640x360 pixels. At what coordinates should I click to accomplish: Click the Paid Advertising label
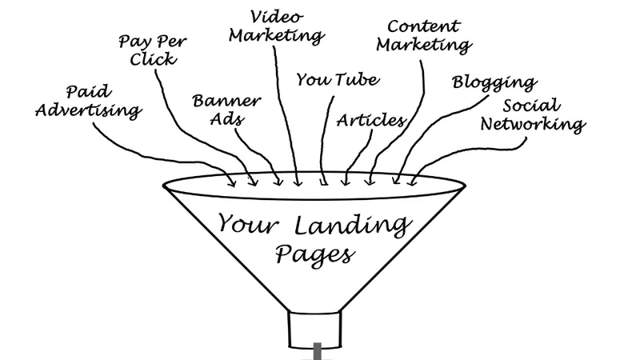(x=89, y=102)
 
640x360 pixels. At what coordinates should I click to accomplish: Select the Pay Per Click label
(x=153, y=50)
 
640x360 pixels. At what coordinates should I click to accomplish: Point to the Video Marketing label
(x=277, y=27)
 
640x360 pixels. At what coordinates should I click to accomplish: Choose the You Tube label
(x=338, y=79)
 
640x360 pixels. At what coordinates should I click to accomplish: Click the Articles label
(x=371, y=121)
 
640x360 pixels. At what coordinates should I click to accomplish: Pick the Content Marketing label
(x=424, y=37)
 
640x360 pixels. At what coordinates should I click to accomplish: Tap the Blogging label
(x=494, y=83)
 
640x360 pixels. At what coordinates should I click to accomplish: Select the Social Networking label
(x=533, y=116)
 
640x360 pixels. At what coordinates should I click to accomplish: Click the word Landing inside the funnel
(x=351, y=226)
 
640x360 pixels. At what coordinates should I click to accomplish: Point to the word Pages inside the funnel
(x=314, y=254)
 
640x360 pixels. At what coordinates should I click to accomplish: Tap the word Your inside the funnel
(x=248, y=224)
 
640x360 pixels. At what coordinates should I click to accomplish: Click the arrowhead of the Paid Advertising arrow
(x=232, y=182)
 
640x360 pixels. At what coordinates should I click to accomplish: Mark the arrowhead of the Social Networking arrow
(x=413, y=181)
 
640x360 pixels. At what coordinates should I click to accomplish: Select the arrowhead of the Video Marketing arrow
(x=298, y=182)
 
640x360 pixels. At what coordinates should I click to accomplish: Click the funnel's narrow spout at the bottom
(x=314, y=330)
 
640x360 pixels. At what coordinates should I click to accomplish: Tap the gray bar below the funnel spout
(x=317, y=351)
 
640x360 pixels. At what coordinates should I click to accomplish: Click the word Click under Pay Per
(x=154, y=59)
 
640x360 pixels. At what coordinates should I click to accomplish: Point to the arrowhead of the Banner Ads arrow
(x=278, y=181)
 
